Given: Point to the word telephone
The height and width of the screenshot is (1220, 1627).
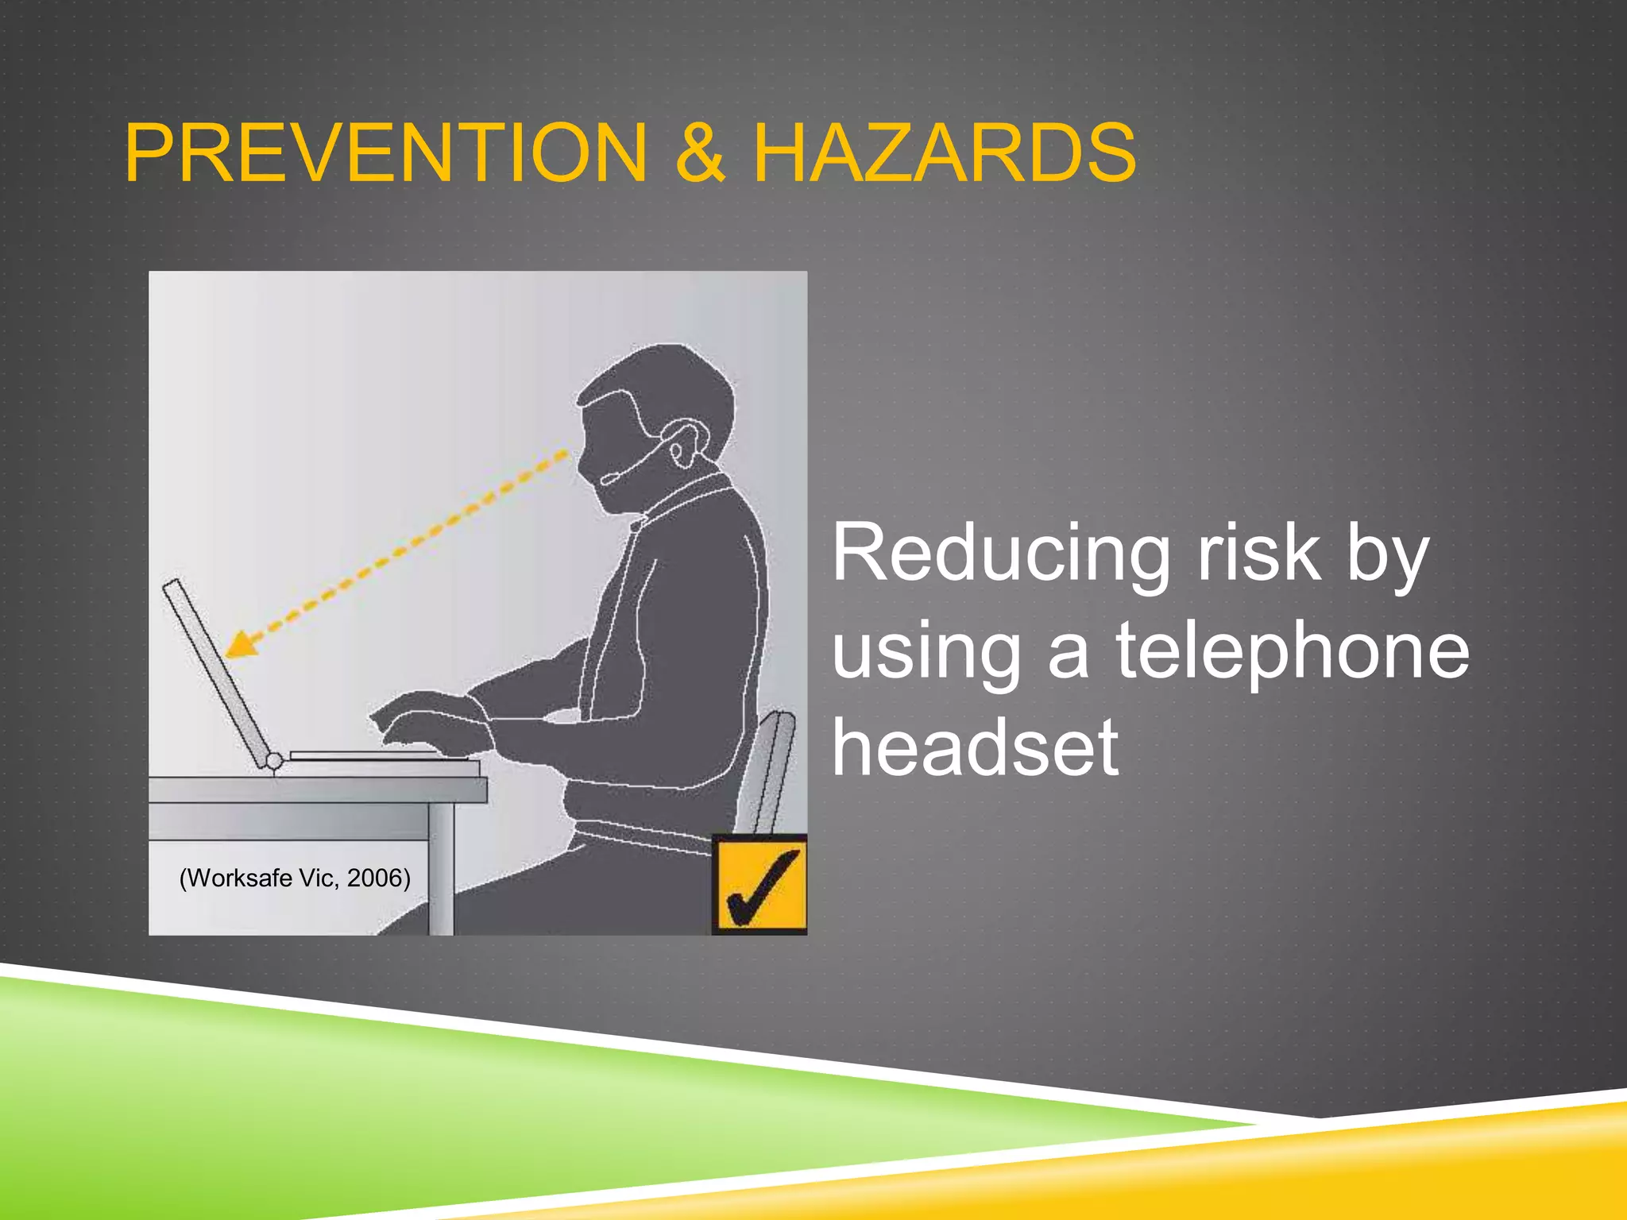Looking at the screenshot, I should (x=1293, y=651).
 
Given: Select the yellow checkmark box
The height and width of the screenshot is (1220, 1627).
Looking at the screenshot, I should (x=760, y=884).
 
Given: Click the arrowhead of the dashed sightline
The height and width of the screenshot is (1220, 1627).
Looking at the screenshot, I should (x=241, y=643).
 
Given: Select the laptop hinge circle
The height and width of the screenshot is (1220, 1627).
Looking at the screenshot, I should (x=273, y=762).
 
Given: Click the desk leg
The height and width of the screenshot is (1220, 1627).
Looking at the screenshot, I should (x=440, y=870).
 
